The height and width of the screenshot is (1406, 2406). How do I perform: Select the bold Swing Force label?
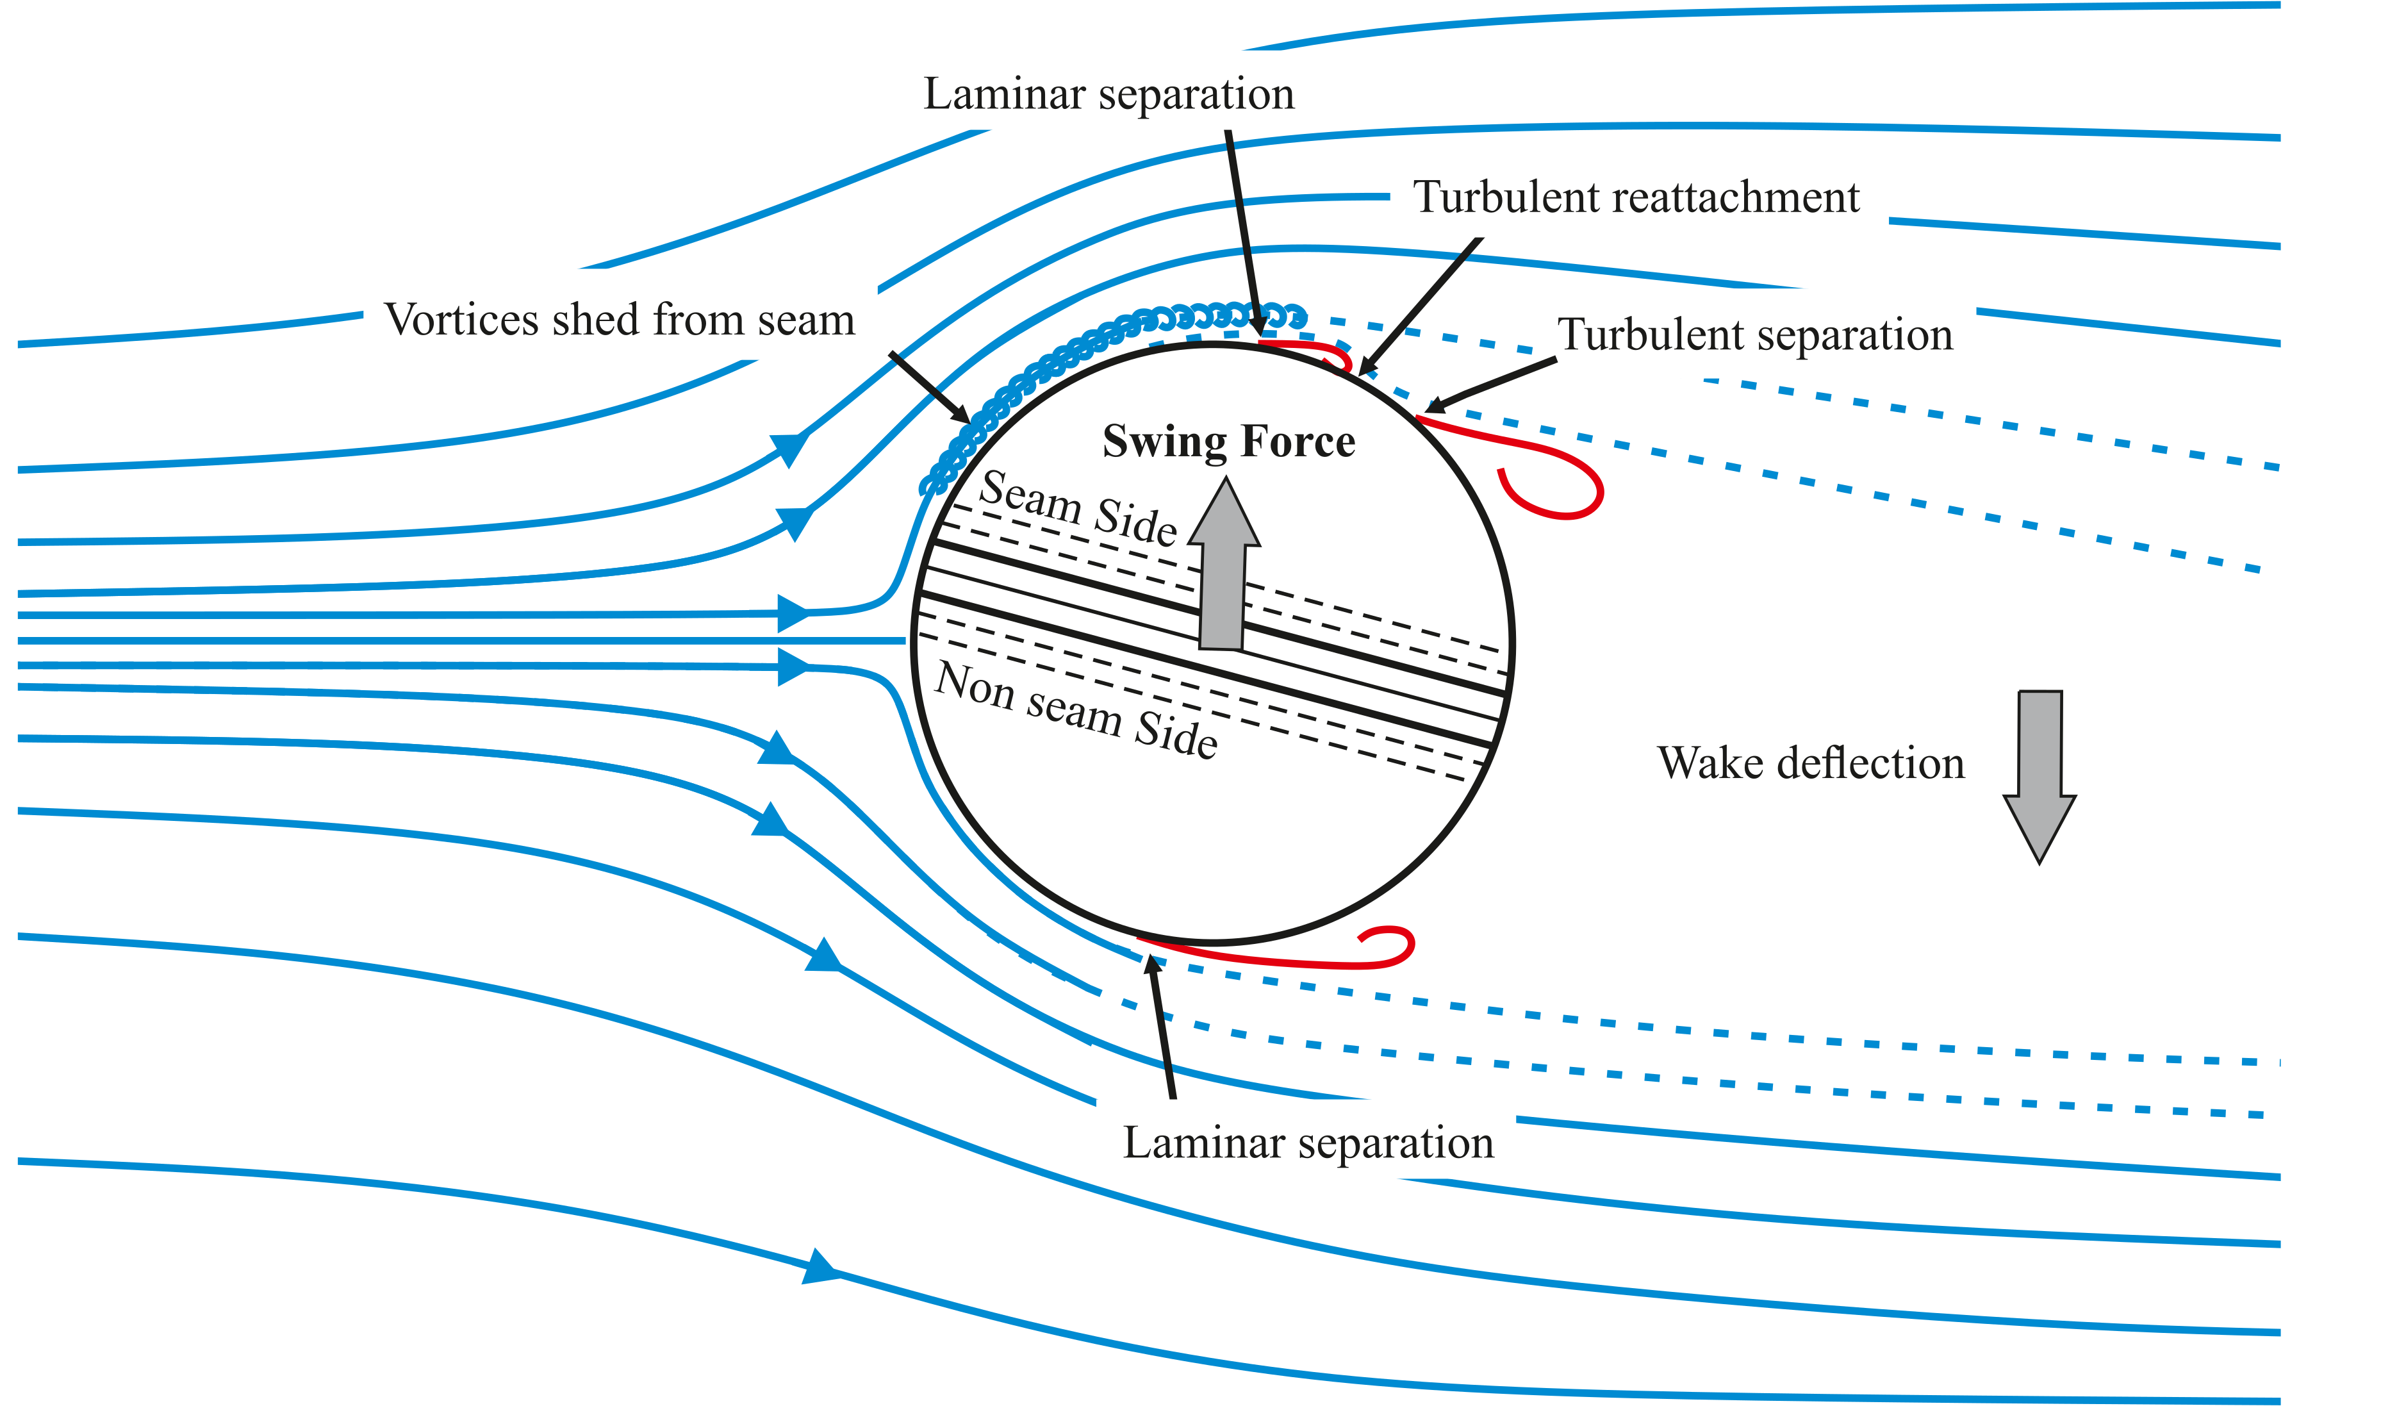tap(1229, 442)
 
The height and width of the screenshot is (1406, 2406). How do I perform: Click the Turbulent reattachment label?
tap(1636, 198)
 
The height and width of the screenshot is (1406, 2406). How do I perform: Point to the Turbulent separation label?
tap(1755, 335)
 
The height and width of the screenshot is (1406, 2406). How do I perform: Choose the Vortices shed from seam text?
tap(619, 320)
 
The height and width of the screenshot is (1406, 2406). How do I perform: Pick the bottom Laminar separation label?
tap(1308, 1143)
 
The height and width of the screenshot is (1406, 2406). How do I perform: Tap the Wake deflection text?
tap(1810, 763)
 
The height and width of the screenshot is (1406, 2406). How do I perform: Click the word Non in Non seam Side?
tap(974, 685)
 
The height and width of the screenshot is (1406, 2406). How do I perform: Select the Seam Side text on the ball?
tap(1078, 508)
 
